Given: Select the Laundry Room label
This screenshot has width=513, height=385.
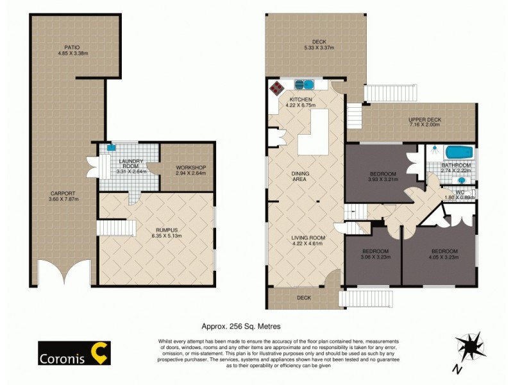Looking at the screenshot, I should (131, 164).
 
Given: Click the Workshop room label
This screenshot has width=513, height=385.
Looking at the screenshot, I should (190, 168).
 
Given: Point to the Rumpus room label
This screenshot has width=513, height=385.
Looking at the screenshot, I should (156, 229).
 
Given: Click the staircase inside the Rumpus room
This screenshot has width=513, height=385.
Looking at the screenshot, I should (117, 228).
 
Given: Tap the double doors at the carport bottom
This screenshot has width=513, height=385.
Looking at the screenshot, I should (62, 272).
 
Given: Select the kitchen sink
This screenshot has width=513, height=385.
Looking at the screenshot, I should (303, 84).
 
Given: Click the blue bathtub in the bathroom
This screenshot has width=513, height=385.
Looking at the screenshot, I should (459, 153).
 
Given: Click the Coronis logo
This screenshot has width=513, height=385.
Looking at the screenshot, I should (72, 352).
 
